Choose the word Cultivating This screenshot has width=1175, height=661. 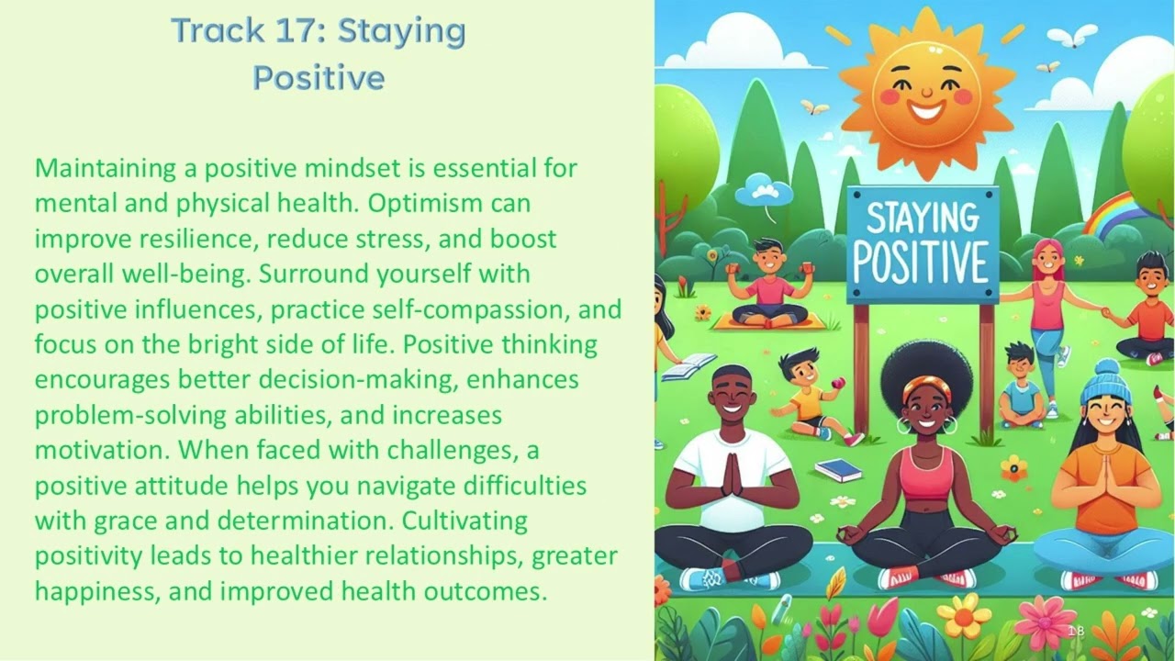465,521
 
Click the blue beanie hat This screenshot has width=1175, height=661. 1104,379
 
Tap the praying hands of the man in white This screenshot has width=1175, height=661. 732,475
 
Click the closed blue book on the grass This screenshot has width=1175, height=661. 837,470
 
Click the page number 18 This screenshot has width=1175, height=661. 1076,631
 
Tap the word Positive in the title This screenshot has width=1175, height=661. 318,78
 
